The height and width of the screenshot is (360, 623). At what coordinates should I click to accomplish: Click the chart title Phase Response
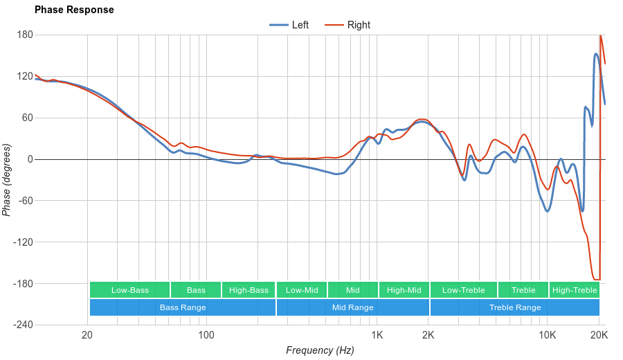[74, 10]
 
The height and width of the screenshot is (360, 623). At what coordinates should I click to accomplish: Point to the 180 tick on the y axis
[25, 35]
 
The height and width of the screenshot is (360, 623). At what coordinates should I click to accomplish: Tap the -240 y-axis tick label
[23, 325]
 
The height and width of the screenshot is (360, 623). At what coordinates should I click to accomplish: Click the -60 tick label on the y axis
[25, 201]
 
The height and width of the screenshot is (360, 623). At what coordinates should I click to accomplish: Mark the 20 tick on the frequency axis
[87, 336]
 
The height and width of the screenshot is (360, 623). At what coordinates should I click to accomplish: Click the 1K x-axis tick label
[377, 336]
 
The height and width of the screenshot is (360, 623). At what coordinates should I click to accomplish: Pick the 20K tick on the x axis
[599, 336]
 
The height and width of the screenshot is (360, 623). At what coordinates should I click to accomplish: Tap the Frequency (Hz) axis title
[320, 350]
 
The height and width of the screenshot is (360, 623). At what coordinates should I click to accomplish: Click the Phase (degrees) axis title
[7, 180]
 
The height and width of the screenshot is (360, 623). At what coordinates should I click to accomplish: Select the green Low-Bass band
[129, 290]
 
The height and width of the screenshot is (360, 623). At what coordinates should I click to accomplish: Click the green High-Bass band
[249, 290]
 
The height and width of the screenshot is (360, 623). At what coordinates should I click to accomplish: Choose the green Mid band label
[353, 290]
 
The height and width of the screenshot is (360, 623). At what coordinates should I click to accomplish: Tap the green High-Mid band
[404, 290]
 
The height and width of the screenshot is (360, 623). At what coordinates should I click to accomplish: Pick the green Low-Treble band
[463, 290]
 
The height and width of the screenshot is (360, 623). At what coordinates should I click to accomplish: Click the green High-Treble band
[575, 290]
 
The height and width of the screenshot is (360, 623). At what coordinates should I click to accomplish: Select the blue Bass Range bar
[183, 307]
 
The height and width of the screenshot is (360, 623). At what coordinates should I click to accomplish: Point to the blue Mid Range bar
[353, 307]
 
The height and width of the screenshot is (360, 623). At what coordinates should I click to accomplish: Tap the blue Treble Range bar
[515, 307]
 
